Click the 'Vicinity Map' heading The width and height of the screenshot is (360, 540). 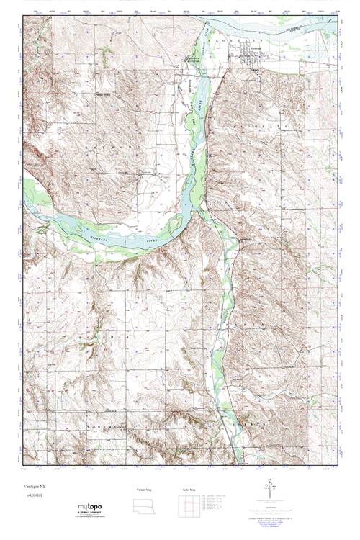(145, 490)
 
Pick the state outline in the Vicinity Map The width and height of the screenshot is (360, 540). (145, 505)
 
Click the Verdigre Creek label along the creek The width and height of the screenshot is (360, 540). (228, 317)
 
